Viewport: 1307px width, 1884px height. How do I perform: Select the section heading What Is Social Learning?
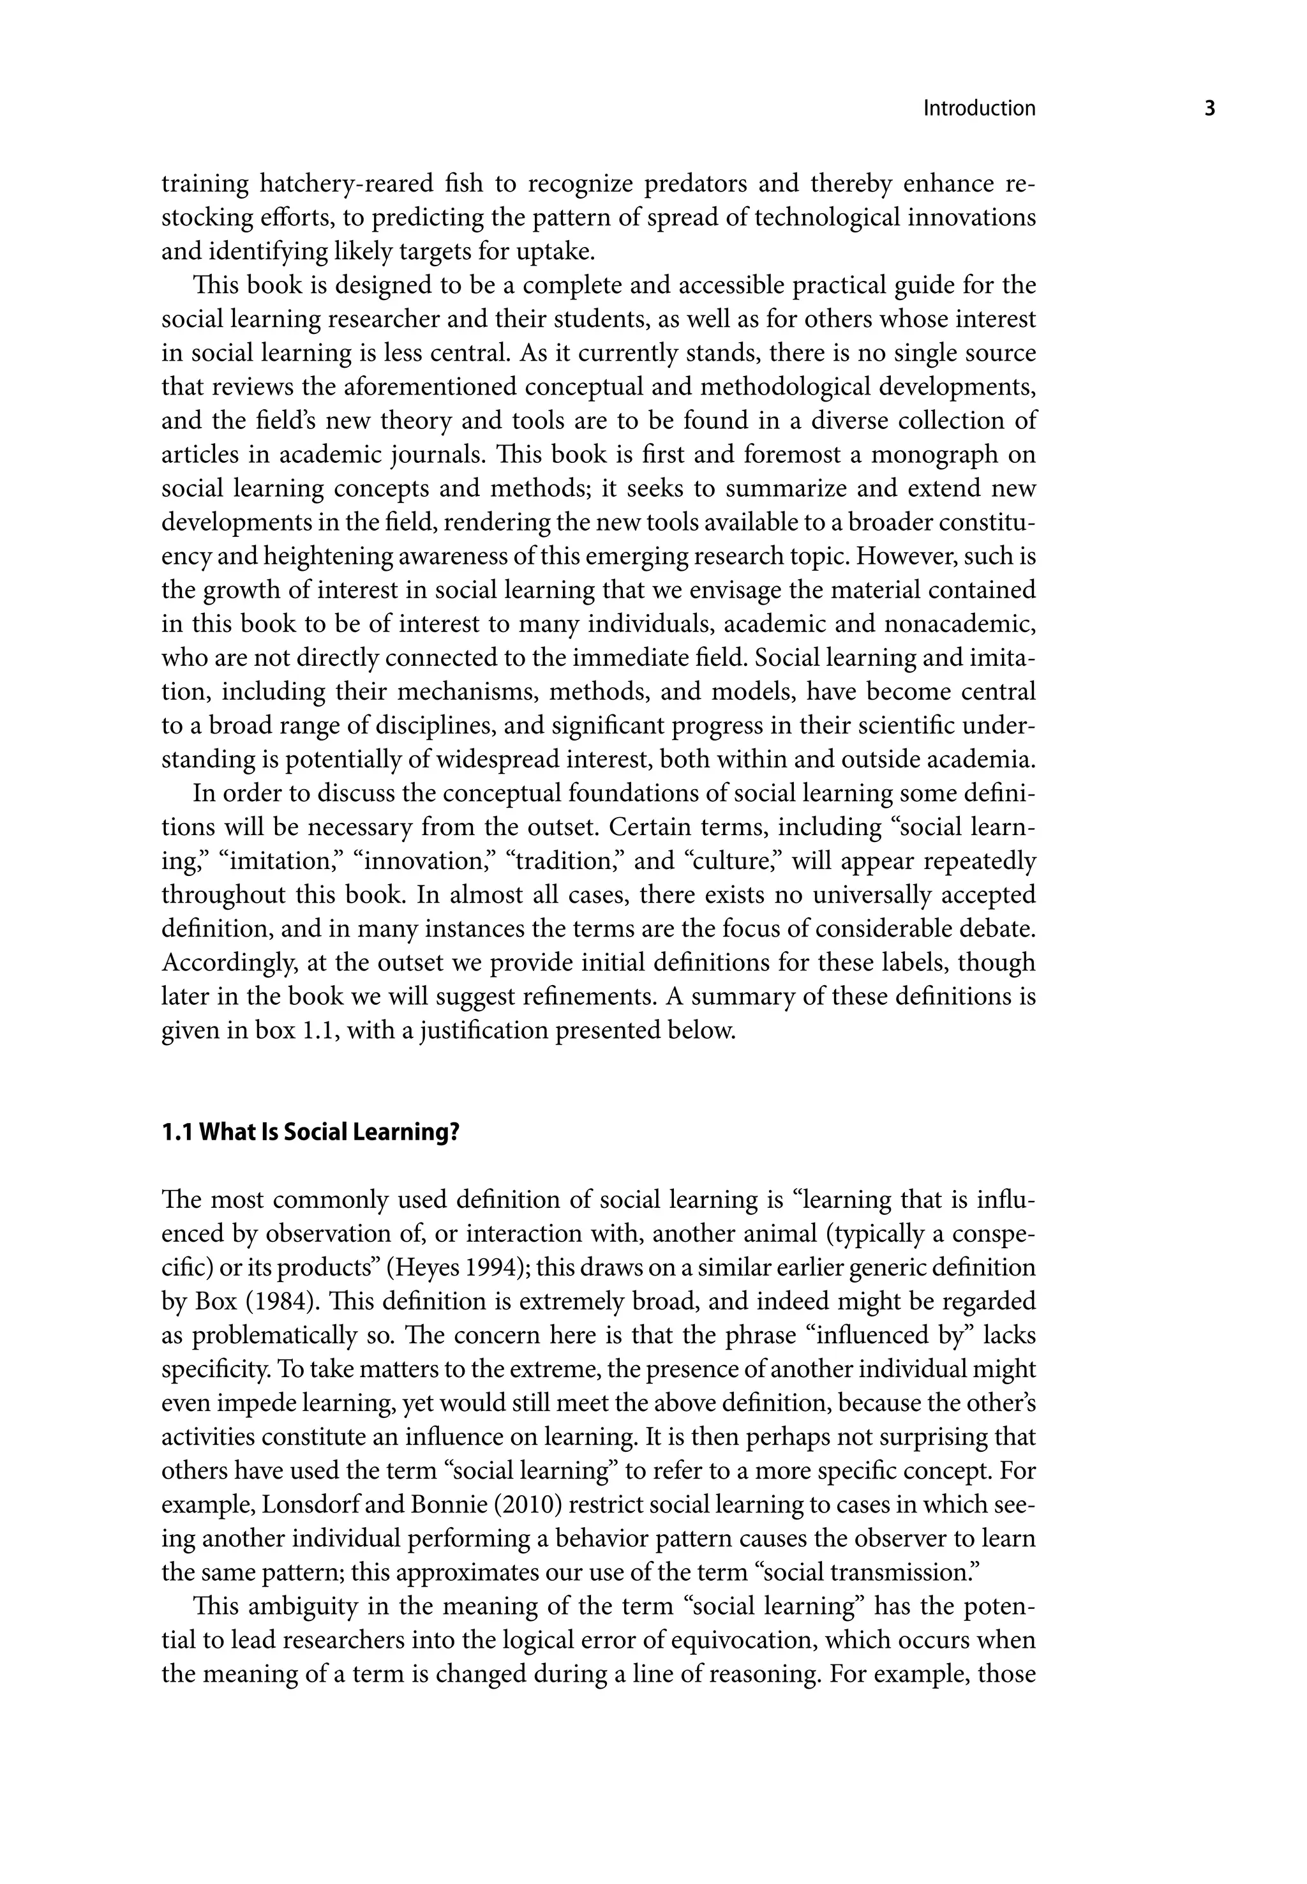point(329,1133)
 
